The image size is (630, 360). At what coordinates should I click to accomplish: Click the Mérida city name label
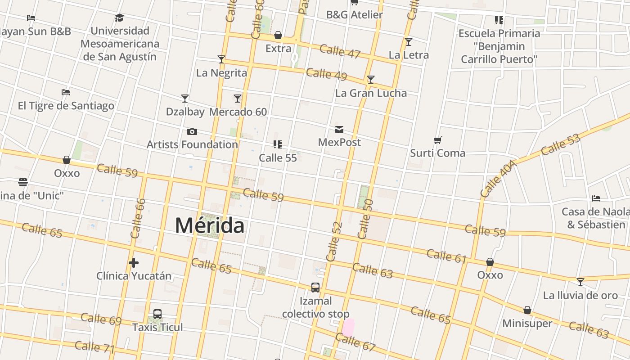coord(210,225)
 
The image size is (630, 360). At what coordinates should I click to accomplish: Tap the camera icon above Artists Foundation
coord(192,131)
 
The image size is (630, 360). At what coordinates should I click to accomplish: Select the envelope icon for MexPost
coord(339,130)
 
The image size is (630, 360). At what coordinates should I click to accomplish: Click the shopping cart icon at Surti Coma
coord(437,140)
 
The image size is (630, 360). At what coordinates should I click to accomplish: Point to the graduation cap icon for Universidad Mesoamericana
coord(119,18)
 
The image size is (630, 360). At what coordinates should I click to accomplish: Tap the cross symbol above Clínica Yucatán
coord(134,263)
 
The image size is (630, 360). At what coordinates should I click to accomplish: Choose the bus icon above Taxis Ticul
coord(157,314)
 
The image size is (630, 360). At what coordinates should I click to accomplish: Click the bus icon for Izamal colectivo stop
coord(315,288)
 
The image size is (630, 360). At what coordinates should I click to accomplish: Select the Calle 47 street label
coord(340,51)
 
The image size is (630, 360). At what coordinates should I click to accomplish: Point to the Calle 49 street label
coord(327,74)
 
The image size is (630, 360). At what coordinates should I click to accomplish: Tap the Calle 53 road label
coord(561,144)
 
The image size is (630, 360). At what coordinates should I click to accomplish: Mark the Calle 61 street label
coord(446,256)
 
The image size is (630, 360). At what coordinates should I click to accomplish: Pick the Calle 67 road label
coord(355,342)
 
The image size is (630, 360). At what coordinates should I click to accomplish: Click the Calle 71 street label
coord(94,347)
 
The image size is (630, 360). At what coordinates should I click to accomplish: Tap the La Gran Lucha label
coord(371,93)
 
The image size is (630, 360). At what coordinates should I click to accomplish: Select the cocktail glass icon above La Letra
coord(409,42)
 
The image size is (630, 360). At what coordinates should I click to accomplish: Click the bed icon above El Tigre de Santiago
coord(66,92)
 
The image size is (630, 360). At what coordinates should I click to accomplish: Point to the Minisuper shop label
coord(527,323)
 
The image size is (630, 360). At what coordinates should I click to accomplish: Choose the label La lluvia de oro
coord(580,295)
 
